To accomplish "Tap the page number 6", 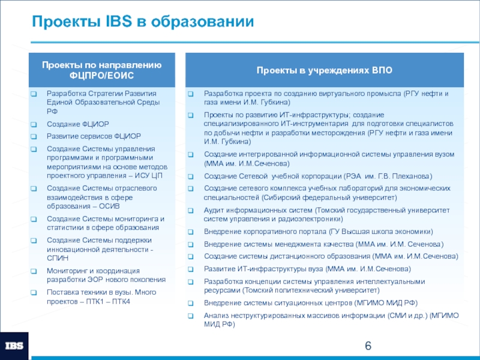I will pos(368,346).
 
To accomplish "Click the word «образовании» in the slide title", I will pos(205,23).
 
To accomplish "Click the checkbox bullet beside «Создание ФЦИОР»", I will pos(34,124).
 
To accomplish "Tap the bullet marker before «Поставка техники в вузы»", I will pos(34,292).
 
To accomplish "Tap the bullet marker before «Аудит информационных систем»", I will pos(190,211).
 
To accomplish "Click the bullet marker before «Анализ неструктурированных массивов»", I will pos(190,315).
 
